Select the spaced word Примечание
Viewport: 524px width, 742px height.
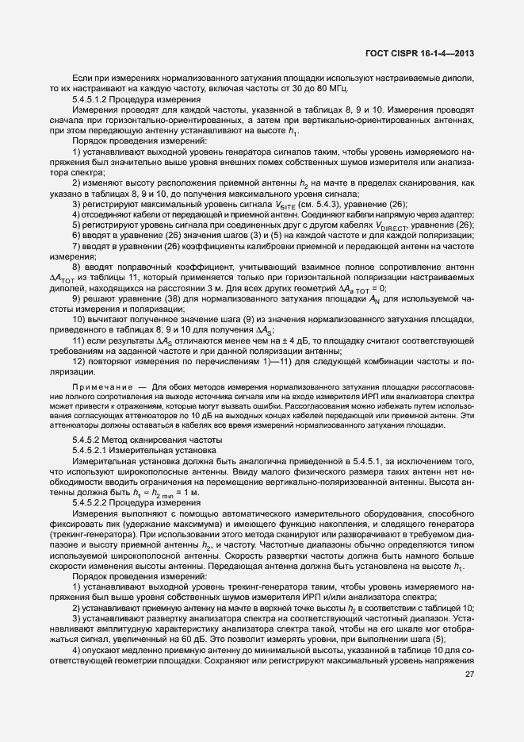tap(100, 386)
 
